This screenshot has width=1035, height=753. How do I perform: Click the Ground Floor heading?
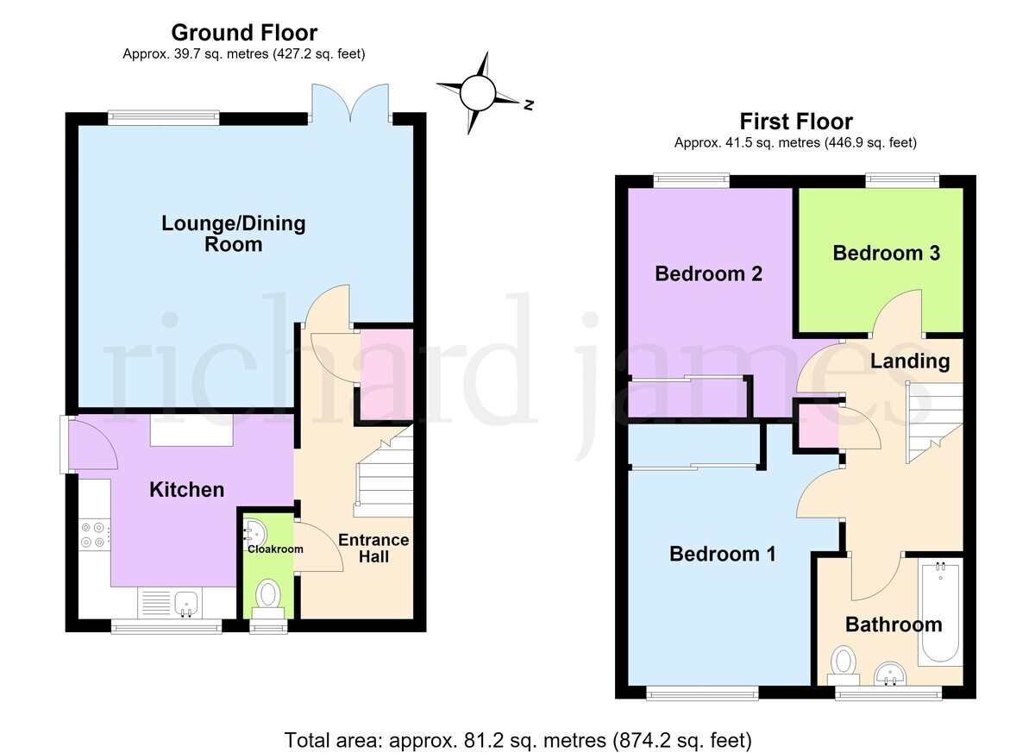244,33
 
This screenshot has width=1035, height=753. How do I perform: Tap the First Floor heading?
795,122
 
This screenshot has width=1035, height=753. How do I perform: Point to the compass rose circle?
478,93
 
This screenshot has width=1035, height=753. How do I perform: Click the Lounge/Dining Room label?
234,234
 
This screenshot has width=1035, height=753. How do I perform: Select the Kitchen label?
186,490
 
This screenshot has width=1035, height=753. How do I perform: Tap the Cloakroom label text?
275,549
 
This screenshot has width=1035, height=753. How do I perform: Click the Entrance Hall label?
373,549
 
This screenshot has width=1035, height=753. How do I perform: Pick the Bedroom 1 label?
722,554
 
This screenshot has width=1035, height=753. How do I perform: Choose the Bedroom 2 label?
708,274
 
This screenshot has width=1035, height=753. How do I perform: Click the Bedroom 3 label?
887,253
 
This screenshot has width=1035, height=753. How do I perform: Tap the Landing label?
910,361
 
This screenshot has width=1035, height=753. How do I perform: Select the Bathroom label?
894,624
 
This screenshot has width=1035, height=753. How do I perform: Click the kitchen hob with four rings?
94,535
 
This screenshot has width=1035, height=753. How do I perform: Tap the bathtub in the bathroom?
940,612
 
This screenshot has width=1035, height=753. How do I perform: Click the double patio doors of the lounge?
350,104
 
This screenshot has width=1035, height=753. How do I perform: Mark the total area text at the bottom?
517,740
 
